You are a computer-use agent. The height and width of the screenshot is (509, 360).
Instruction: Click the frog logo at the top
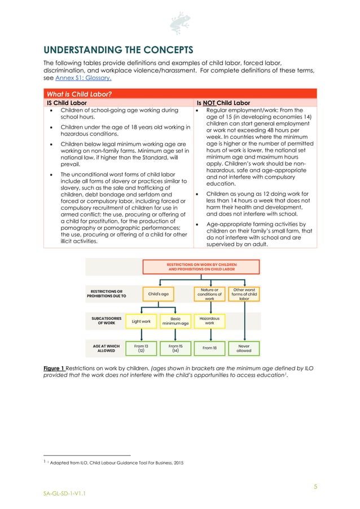click(179, 23)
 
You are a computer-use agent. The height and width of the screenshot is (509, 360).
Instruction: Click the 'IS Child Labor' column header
click(66, 103)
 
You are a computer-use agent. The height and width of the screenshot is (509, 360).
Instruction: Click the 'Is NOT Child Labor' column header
click(223, 103)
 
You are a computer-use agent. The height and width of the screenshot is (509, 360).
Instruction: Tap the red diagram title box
click(201, 266)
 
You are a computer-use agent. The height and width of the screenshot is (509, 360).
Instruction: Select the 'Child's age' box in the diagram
click(159, 294)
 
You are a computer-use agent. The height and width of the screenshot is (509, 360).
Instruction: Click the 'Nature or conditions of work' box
click(210, 294)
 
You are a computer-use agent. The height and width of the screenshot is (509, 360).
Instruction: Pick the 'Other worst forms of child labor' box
click(244, 294)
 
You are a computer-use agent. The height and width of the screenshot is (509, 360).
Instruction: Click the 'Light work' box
click(141, 321)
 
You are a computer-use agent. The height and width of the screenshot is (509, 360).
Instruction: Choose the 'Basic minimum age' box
click(175, 321)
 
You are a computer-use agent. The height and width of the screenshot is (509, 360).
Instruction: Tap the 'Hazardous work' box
click(210, 321)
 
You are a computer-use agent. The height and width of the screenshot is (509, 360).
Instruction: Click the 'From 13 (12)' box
click(141, 348)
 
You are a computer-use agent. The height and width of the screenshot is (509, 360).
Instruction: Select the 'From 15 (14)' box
click(175, 348)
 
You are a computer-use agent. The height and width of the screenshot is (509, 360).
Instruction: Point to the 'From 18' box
click(210, 348)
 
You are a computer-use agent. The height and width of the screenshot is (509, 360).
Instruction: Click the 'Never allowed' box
click(244, 348)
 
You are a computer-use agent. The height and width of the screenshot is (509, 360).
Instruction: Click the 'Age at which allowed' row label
click(105, 348)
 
